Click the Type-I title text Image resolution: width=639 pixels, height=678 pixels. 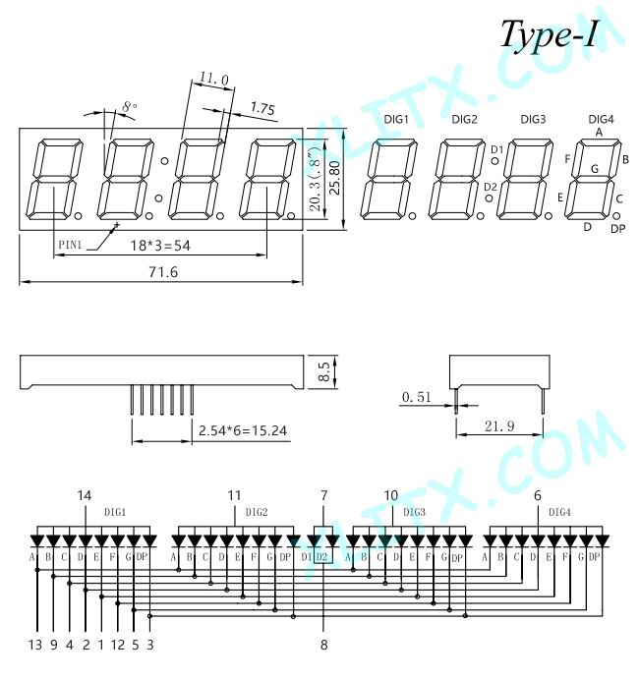tap(549, 34)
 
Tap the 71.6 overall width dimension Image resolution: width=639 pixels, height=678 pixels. tap(163, 272)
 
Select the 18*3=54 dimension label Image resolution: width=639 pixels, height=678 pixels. tap(160, 246)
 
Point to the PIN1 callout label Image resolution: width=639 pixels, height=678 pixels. tap(70, 245)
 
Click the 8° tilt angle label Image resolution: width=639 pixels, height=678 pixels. tap(130, 106)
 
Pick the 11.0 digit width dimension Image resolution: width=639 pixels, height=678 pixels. tap(213, 79)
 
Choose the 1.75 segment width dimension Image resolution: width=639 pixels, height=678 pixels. tap(262, 108)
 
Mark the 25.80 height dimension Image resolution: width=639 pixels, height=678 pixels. tap(335, 178)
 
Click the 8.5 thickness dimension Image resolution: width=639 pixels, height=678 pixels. tap(324, 371)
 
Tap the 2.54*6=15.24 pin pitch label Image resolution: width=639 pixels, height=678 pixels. tap(243, 430)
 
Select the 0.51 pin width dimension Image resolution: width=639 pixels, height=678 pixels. tap(416, 397)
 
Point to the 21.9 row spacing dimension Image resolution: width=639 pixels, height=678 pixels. tap(499, 426)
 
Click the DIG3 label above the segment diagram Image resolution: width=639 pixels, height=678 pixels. tap(533, 119)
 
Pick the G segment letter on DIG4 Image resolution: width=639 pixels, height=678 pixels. tap(595, 169)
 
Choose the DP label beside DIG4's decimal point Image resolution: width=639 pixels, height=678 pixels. tap(617, 229)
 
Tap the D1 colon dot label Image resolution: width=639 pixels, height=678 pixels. tap(497, 149)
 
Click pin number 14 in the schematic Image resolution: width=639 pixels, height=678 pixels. tap(85, 495)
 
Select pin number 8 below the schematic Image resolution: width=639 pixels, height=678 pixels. tap(324, 645)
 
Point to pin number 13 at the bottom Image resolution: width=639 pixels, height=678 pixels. tap(35, 645)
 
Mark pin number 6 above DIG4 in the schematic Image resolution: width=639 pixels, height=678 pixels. tap(538, 495)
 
